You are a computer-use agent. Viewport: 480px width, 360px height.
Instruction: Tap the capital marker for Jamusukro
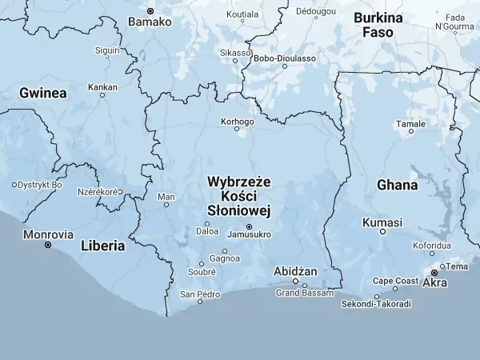click(249, 226)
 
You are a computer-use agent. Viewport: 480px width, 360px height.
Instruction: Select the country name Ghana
click(397, 185)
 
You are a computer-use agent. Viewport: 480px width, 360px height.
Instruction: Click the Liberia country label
click(102, 246)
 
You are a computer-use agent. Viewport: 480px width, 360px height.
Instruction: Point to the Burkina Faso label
click(378, 25)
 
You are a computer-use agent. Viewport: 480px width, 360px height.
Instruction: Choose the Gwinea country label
click(42, 93)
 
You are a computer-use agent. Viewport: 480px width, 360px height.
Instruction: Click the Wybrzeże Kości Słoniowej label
click(239, 196)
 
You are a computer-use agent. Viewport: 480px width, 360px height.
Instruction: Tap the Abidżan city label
click(295, 271)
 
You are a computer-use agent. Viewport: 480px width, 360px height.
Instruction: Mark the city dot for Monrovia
click(47, 245)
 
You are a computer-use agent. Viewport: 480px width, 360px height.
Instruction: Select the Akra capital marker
click(434, 273)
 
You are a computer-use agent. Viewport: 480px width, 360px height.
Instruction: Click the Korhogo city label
click(237, 122)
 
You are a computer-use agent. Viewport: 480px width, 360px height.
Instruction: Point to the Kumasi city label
click(382, 222)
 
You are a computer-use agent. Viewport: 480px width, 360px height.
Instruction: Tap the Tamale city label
click(410, 124)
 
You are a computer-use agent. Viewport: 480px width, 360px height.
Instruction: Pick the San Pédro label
click(199, 294)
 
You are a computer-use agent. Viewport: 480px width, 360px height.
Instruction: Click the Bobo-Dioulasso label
click(284, 58)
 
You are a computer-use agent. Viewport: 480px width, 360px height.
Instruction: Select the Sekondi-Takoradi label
click(376, 304)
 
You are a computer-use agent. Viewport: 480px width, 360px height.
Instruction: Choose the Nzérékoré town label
click(98, 192)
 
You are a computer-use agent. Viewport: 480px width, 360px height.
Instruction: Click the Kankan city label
click(102, 86)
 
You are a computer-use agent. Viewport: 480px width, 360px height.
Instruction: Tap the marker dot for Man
click(166, 205)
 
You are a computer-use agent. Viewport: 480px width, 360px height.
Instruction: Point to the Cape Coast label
click(395, 281)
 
